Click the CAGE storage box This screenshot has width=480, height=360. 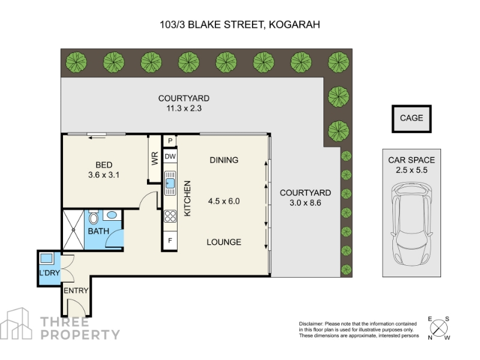point(412,119)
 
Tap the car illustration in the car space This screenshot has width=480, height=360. point(412,224)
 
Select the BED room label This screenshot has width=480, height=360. point(104,165)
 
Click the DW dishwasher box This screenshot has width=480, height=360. point(170,157)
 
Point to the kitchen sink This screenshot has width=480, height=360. point(170,183)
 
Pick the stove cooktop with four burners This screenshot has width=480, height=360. point(170,216)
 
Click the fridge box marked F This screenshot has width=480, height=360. point(170,241)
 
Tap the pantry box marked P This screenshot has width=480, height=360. point(170,141)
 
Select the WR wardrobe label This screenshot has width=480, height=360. point(155,158)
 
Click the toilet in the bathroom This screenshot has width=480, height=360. point(94,218)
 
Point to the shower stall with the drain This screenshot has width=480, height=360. point(73,230)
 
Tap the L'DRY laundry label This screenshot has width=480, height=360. point(49,272)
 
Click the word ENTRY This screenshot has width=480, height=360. point(76,290)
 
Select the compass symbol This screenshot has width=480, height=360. point(439,328)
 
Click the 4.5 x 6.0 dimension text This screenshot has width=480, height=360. point(224,201)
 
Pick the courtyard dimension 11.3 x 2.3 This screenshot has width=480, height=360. point(184,109)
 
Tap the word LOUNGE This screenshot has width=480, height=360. point(224,242)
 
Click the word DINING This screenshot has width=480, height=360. point(224,160)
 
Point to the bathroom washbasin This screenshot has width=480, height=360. point(112,215)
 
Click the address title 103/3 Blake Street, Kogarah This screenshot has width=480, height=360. point(240,25)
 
